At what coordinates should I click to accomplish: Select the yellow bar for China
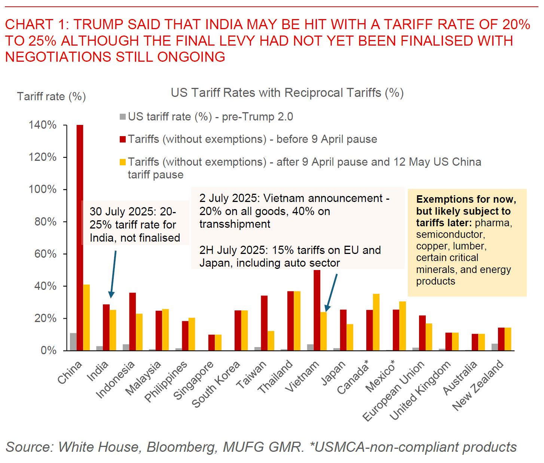(86, 318)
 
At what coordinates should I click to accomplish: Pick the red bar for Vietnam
(317, 310)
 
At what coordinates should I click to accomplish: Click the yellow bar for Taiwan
(271, 341)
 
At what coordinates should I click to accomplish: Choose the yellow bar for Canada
(376, 322)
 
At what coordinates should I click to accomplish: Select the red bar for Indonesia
(132, 322)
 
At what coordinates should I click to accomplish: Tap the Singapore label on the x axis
(193, 380)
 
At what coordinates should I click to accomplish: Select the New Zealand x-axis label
(478, 385)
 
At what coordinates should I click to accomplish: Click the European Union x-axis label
(394, 391)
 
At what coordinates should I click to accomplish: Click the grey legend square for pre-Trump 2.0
(123, 117)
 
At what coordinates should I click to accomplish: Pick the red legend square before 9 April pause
(123, 139)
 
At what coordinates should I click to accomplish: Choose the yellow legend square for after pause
(123, 162)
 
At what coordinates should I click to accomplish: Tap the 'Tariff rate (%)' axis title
(51, 96)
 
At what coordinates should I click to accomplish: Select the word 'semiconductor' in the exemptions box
(450, 234)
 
